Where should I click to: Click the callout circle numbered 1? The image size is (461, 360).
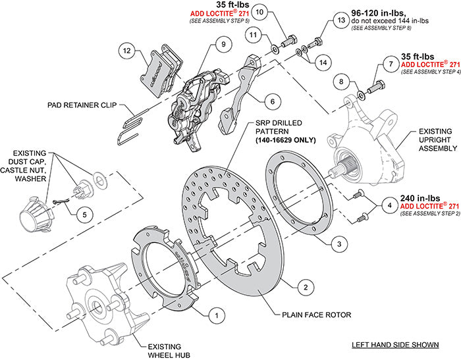pyautogui.click(x=213, y=315)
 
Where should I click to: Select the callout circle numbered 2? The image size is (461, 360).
pyautogui.click(x=304, y=287)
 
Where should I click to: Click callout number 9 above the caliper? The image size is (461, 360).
pyautogui.click(x=223, y=44)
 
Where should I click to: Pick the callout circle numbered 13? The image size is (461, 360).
pyautogui.click(x=340, y=21)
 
